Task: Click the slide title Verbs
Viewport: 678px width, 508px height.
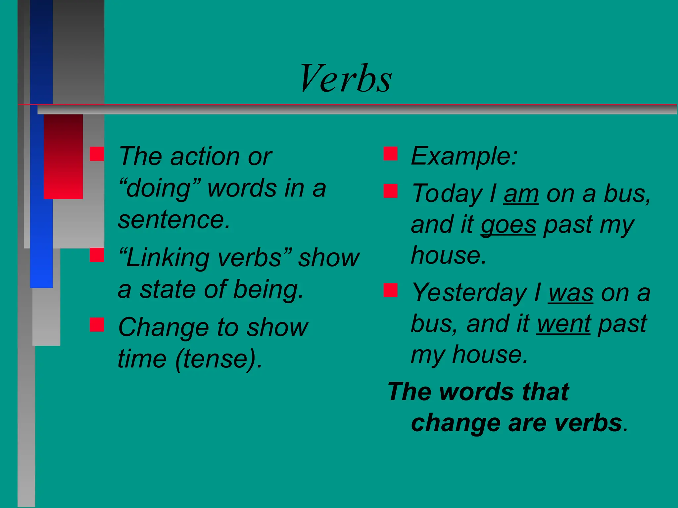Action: pos(346,79)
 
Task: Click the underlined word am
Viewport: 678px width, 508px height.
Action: pos(521,194)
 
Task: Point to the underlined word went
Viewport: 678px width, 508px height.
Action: pos(563,324)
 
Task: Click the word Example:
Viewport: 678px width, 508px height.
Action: pos(464,156)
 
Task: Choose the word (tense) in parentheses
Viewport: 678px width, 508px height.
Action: pos(218,359)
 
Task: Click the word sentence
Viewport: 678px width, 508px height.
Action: pos(174,220)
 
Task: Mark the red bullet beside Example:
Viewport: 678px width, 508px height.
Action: pos(391,154)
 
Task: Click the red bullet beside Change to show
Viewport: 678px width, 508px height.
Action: pos(97,324)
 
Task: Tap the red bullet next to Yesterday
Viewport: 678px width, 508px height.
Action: pos(391,290)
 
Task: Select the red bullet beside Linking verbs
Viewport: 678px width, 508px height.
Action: pos(97,255)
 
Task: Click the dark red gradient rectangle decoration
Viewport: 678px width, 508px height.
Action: pos(63,156)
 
